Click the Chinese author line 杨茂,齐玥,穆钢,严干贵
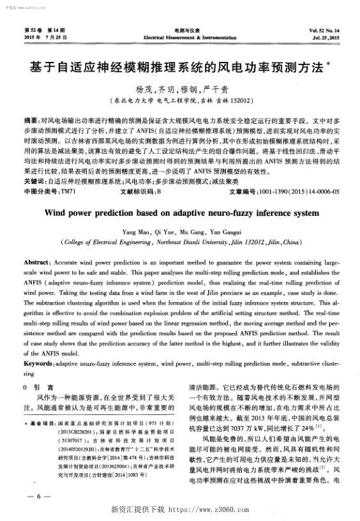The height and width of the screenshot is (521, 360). click(179, 89)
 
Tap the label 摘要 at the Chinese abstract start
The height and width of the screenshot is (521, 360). click(30, 119)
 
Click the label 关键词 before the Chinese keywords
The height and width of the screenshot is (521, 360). click(33, 163)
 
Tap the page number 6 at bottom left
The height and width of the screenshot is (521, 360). click(40, 496)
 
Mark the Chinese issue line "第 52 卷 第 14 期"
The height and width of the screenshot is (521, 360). click(45, 31)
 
